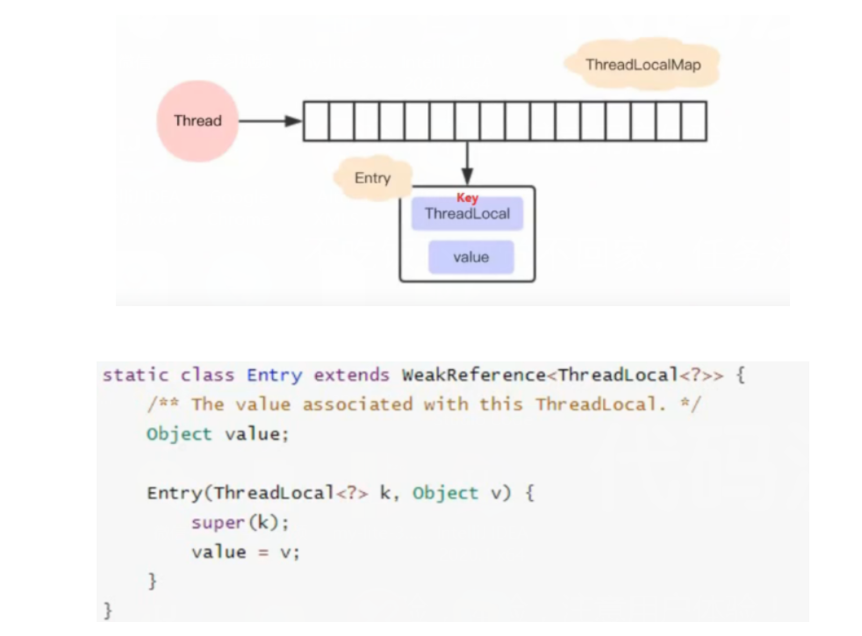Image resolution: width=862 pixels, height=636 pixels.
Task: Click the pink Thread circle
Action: [197, 121]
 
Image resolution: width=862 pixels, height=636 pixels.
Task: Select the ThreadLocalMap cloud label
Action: [643, 64]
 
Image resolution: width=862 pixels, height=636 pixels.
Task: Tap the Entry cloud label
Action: [372, 178]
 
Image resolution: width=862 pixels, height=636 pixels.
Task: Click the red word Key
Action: [467, 198]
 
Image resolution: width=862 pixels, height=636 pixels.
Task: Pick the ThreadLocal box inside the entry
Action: [467, 214]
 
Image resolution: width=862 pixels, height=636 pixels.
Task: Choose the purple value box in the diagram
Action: [471, 257]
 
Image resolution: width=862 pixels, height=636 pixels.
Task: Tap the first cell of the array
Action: [316, 121]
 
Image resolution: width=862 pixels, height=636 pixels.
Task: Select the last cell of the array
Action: [693, 121]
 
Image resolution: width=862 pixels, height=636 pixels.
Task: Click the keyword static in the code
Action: [135, 375]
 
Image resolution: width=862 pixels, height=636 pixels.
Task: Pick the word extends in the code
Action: [351, 375]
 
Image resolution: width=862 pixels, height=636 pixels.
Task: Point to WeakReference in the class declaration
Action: [473, 375]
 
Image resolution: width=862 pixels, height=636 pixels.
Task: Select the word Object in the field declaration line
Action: [179, 434]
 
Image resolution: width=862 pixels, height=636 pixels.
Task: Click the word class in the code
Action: [207, 375]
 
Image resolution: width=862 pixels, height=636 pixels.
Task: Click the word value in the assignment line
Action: [219, 552]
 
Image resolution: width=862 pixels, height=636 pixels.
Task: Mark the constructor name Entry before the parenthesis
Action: [174, 493]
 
